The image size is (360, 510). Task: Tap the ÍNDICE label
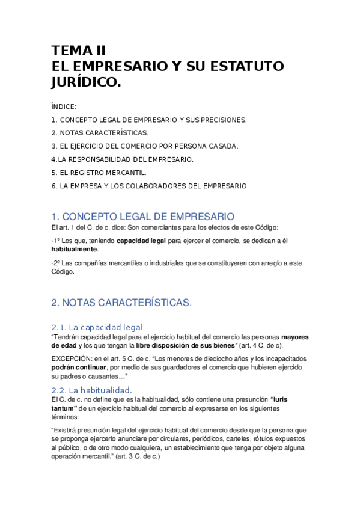click(64, 106)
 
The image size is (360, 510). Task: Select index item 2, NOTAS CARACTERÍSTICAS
click(100, 132)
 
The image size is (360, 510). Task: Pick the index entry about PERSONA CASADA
click(145, 146)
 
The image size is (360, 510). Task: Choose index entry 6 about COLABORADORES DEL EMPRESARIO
click(149, 186)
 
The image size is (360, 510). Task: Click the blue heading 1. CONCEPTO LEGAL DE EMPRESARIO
click(143, 217)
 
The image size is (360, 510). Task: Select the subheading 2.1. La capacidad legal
click(97, 327)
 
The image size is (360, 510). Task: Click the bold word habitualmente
click(74, 249)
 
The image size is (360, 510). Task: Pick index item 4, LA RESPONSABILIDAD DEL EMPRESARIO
click(122, 159)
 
